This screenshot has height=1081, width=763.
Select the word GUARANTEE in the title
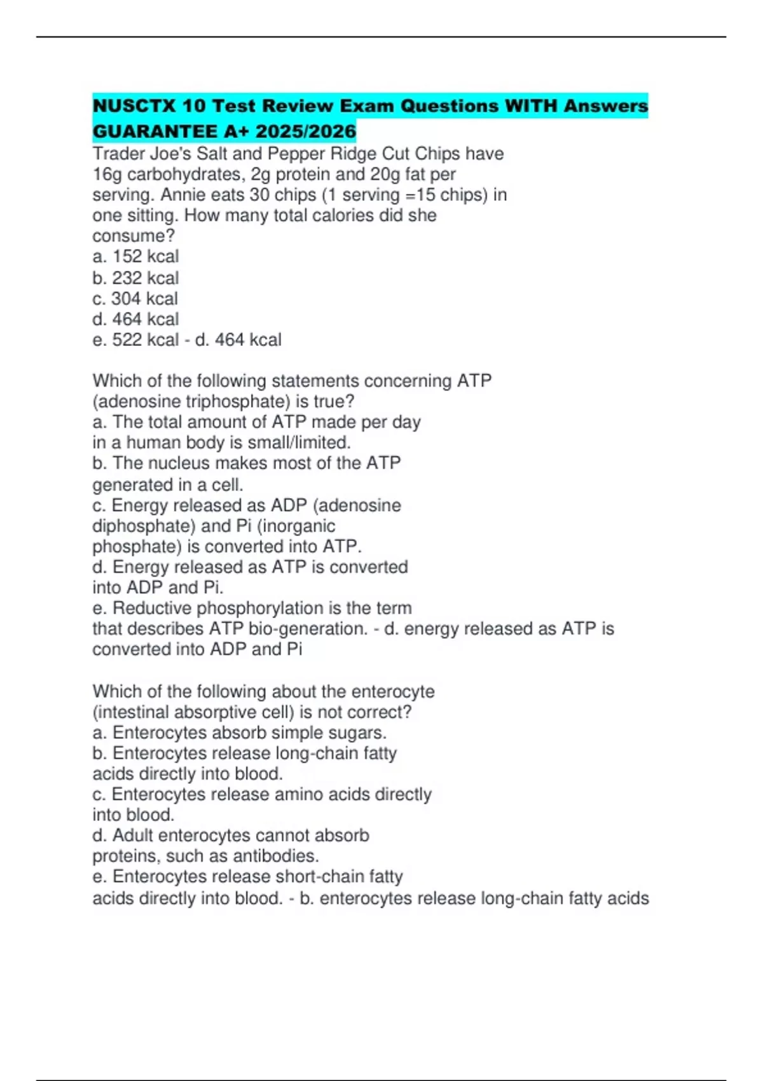pyautogui.click(x=155, y=132)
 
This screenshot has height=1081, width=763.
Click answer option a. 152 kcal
pyautogui.click(x=135, y=256)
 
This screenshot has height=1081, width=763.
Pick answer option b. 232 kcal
pyautogui.click(x=135, y=278)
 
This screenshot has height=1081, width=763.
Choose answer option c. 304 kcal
pyautogui.click(x=135, y=298)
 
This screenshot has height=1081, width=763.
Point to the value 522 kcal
pyautogui.click(x=146, y=340)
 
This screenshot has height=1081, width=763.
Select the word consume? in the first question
pyautogui.click(x=134, y=236)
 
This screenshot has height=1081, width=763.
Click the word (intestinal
pyautogui.click(x=130, y=712)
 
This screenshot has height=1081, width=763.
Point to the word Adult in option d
pyautogui.click(x=133, y=836)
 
